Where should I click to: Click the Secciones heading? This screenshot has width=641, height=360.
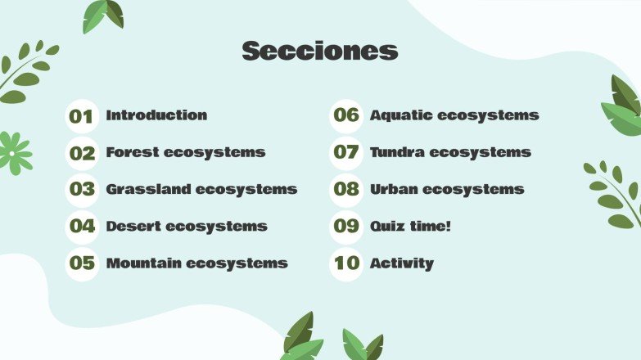[320, 52]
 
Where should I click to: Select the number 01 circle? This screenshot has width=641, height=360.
[81, 116]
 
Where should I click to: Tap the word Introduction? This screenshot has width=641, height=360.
[156, 115]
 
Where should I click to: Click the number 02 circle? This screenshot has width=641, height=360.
[81, 153]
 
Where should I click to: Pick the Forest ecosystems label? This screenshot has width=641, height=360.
[185, 152]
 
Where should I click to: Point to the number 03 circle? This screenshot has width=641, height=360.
[81, 190]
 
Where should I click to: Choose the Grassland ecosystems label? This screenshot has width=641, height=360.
[201, 189]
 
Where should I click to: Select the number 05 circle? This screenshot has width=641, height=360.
[81, 263]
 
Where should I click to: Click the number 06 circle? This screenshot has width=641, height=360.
[346, 115]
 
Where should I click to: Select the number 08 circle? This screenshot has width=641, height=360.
[346, 190]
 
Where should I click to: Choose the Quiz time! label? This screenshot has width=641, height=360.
[410, 226]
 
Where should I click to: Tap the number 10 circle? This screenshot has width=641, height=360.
[346, 263]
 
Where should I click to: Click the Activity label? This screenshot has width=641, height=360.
[401, 263]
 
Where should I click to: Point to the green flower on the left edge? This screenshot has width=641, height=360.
[14, 152]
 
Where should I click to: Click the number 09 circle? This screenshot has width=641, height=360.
[346, 227]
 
